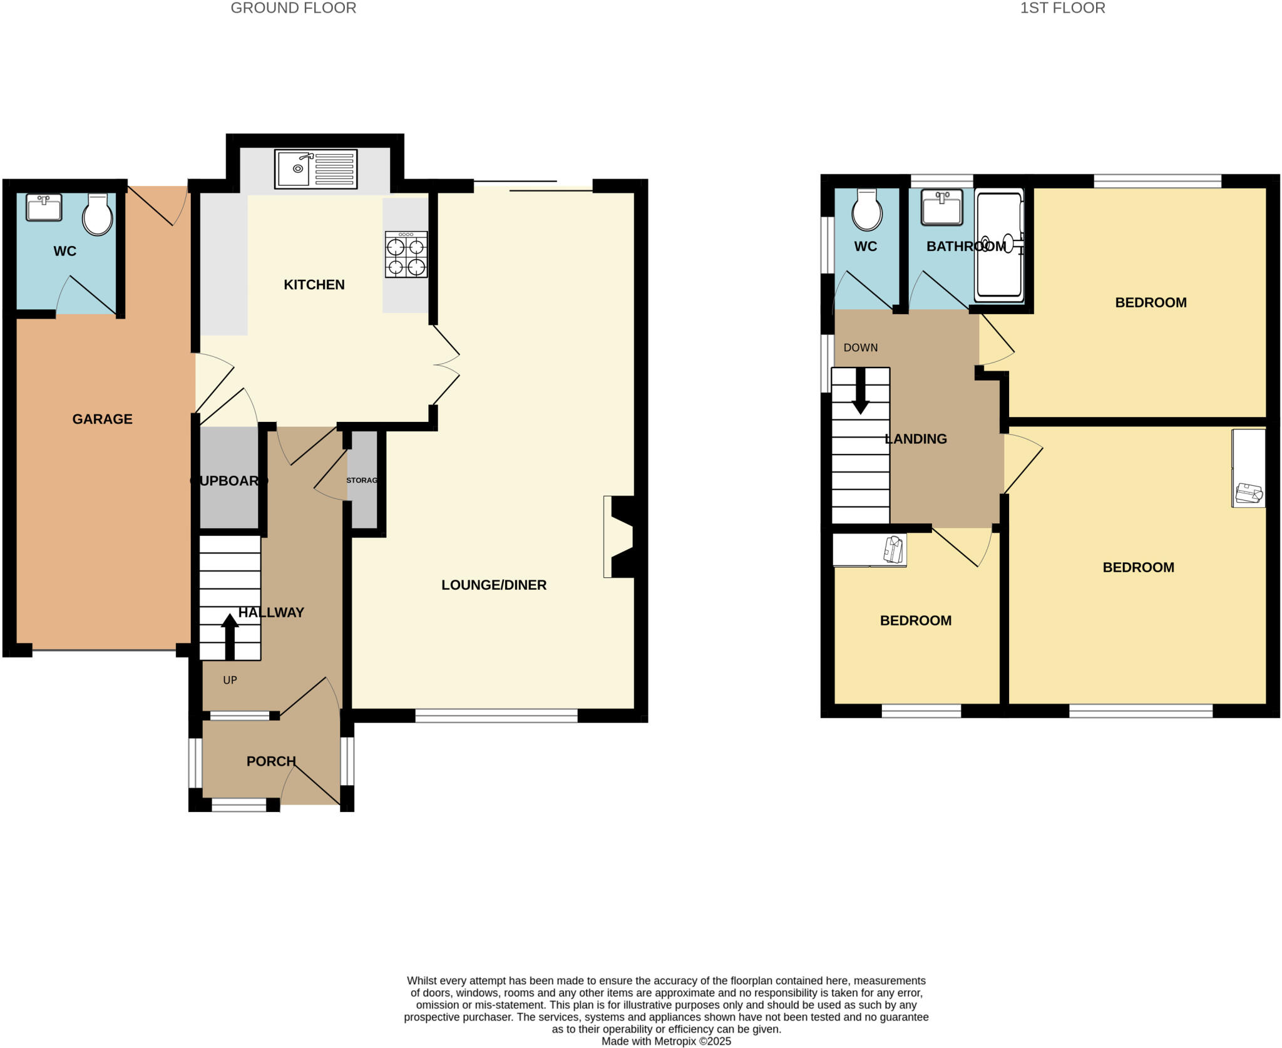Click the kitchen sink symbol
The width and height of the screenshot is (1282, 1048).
(x=315, y=168)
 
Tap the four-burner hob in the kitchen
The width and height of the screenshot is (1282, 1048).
(x=406, y=254)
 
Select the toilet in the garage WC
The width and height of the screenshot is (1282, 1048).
(x=98, y=215)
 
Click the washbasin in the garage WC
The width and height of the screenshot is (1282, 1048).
(x=44, y=207)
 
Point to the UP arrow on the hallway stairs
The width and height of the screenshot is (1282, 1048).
(x=230, y=636)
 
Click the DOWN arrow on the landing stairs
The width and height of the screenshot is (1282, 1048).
(x=861, y=391)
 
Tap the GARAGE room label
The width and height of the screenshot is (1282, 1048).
(x=102, y=419)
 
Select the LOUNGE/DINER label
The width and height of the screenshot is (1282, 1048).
(x=494, y=585)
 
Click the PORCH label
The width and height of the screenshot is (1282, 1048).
(x=270, y=761)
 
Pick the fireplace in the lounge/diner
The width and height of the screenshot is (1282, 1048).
(x=620, y=537)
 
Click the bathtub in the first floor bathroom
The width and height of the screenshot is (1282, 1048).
(x=1000, y=245)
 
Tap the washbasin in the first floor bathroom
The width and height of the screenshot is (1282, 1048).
(x=941, y=207)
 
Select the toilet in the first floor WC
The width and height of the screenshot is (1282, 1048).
(x=867, y=210)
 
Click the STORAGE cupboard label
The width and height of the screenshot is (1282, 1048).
(x=362, y=480)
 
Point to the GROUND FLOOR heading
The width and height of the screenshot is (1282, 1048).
(x=294, y=8)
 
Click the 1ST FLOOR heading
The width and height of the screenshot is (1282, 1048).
(x=1062, y=8)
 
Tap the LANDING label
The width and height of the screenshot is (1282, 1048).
(x=915, y=439)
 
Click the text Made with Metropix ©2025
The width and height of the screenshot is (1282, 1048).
(x=666, y=1041)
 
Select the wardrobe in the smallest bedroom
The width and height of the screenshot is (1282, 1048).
(x=869, y=550)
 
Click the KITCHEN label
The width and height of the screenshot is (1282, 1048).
(x=314, y=285)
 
